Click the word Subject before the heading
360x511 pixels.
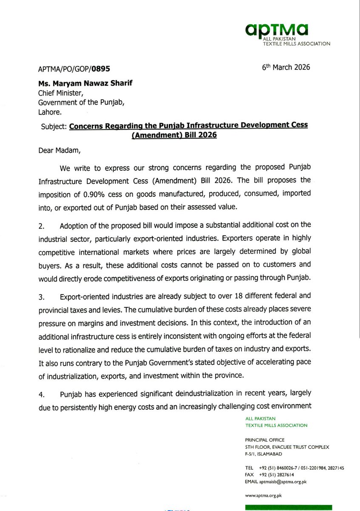pos(54,126)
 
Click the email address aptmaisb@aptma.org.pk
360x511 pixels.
pos(281,482)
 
